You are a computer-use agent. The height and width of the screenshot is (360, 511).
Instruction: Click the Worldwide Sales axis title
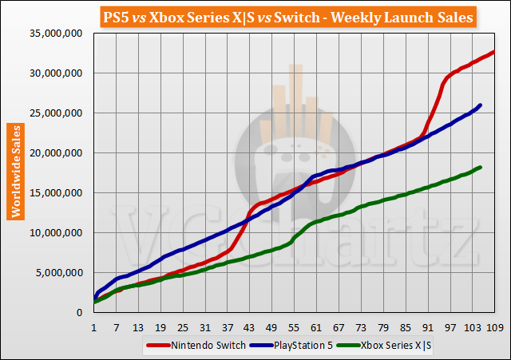click(15, 170)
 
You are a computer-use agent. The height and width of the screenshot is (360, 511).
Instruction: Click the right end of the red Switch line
click(494, 52)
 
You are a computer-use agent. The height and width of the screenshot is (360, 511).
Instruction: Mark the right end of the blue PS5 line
click(480, 105)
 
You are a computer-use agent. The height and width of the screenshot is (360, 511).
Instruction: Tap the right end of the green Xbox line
click(480, 167)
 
